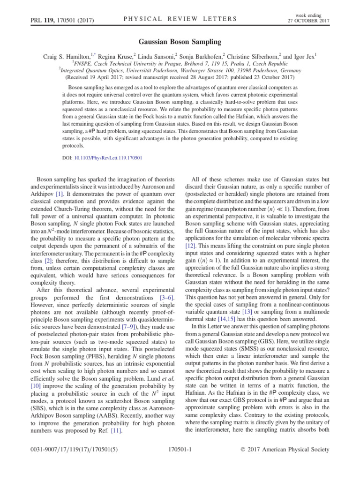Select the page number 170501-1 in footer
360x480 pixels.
(180, 463)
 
